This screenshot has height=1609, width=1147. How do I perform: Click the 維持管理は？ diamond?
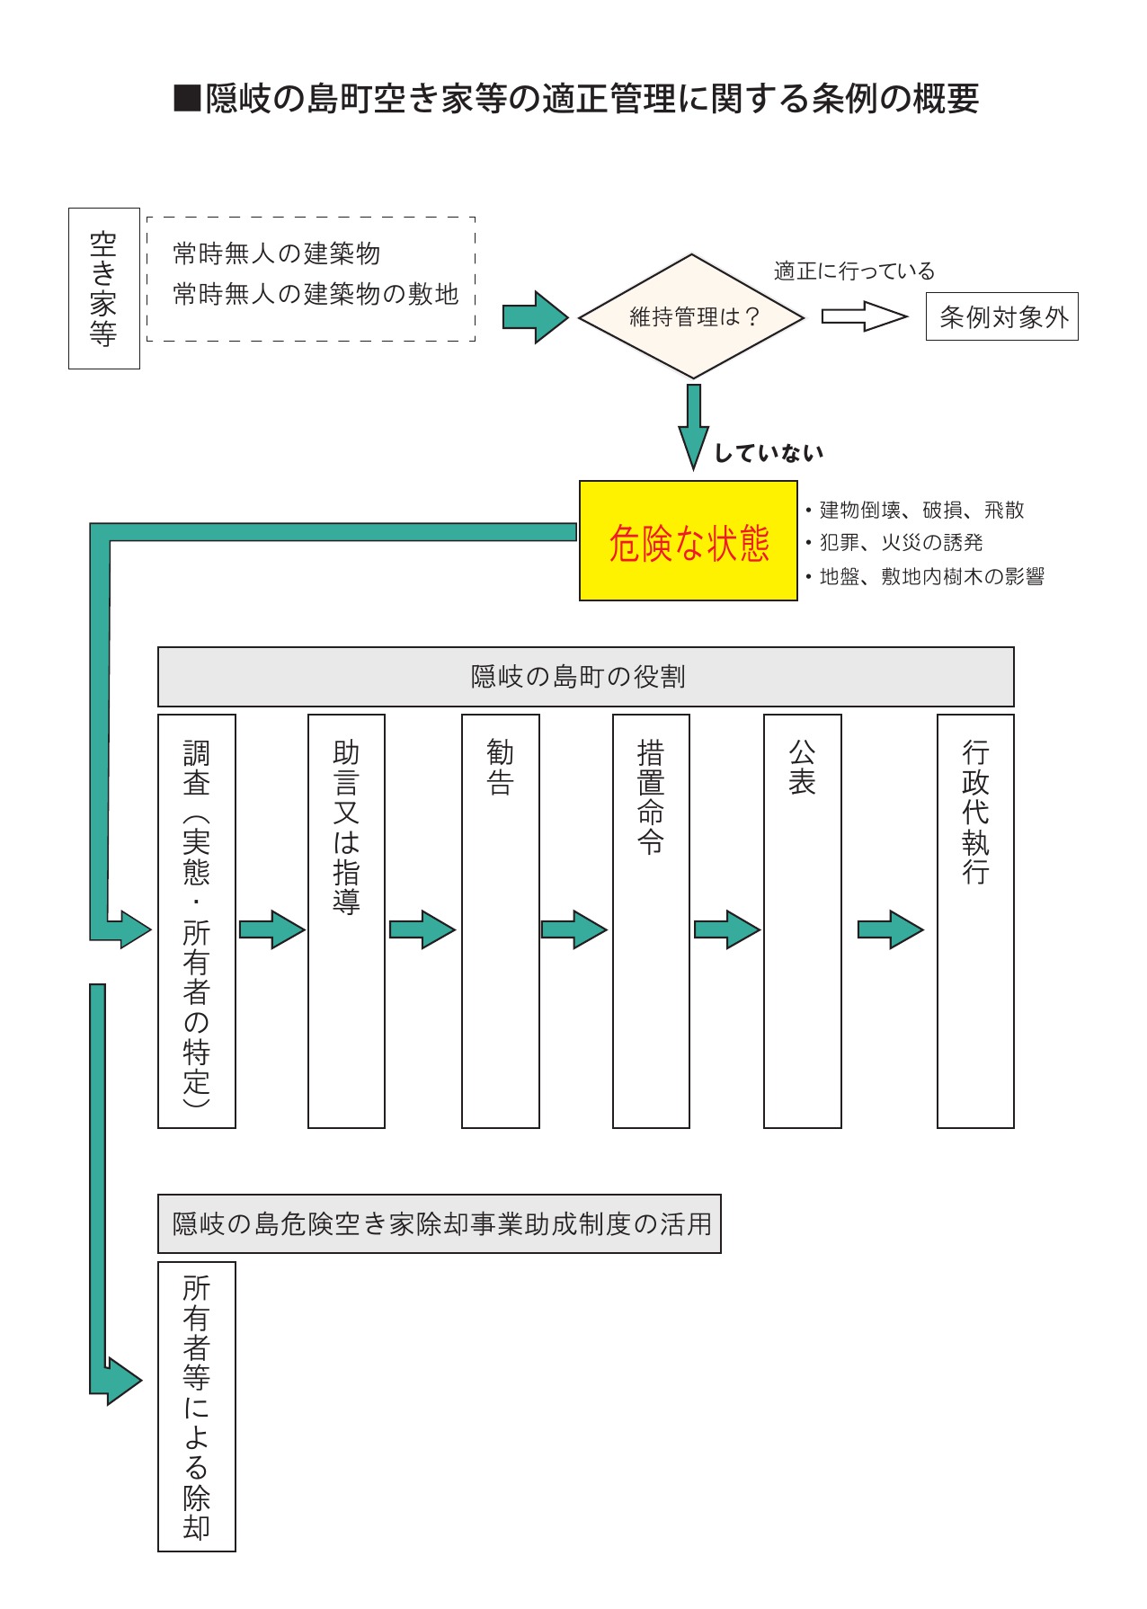click(691, 316)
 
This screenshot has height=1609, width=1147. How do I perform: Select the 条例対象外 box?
click(1001, 316)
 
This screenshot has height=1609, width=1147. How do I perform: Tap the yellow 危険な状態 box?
click(688, 541)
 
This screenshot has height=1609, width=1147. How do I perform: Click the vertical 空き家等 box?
click(104, 289)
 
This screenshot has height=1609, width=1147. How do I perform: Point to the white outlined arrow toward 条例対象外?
click(864, 316)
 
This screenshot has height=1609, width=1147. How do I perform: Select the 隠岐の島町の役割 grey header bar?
click(585, 677)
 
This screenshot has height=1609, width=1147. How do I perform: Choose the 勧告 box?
click(500, 920)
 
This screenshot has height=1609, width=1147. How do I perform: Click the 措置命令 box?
click(651, 920)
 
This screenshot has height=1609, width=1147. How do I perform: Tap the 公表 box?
click(802, 920)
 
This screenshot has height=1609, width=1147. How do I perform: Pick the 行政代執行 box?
click(975, 920)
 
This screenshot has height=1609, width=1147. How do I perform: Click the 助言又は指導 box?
click(346, 920)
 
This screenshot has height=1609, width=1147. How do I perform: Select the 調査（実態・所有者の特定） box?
click(196, 920)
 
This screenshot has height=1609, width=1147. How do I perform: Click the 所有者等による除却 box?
click(196, 1407)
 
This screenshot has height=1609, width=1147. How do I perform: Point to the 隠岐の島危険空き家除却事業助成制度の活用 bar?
click(439, 1223)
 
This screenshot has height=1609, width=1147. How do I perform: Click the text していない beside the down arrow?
click(769, 453)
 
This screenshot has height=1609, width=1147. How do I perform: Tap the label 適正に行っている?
click(854, 271)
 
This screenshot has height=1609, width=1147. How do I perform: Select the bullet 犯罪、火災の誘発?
click(899, 543)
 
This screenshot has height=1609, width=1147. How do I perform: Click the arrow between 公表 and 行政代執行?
click(890, 929)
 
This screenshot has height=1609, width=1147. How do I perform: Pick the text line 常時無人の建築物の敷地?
click(316, 294)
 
